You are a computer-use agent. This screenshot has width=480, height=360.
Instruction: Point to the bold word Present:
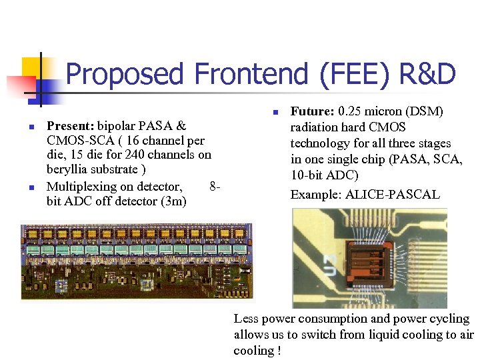(x=71, y=125)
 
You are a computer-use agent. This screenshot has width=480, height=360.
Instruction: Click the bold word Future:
(x=313, y=111)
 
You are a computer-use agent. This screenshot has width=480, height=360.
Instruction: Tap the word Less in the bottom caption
(x=247, y=319)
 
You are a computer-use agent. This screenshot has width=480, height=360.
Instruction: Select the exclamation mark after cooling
(x=278, y=351)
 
